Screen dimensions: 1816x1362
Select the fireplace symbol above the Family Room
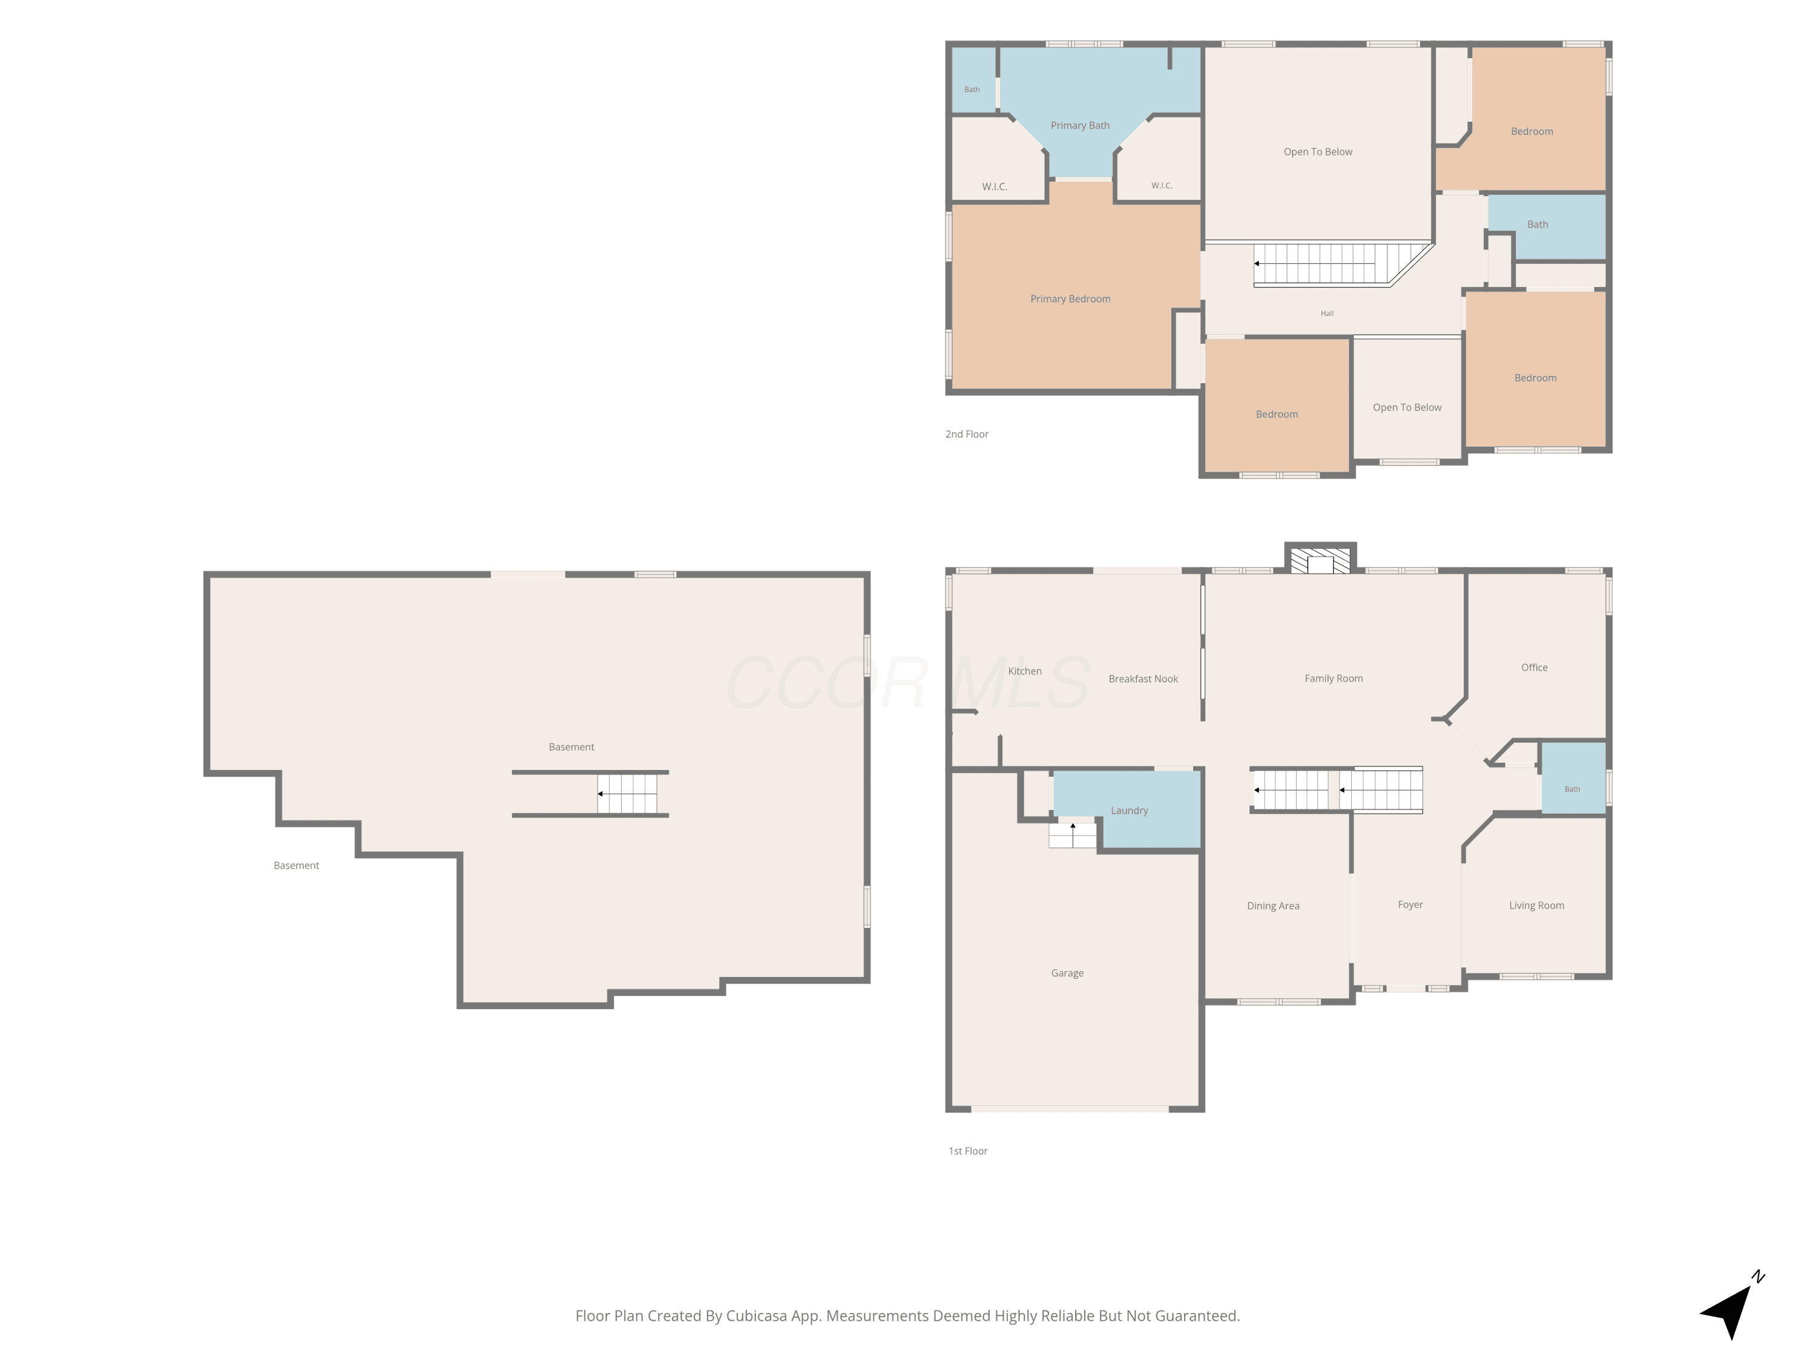(x=1320, y=561)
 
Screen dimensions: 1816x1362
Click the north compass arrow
(x=1731, y=1305)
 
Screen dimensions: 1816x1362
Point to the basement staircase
(x=627, y=794)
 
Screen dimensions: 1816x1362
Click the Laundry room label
(x=1129, y=811)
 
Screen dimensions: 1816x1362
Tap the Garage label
(x=1067, y=973)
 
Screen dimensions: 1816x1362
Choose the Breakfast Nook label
(x=1143, y=679)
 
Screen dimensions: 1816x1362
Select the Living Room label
(x=1536, y=906)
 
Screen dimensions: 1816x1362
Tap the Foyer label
(x=1410, y=905)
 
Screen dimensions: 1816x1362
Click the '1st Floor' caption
(x=968, y=1151)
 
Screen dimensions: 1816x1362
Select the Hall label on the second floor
(x=1327, y=314)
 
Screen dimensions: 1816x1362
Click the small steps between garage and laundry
(x=1072, y=835)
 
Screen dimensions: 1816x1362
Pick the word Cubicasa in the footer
(x=756, y=1316)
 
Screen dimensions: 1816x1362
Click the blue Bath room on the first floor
(x=1573, y=778)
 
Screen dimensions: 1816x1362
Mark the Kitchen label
(x=1025, y=671)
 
